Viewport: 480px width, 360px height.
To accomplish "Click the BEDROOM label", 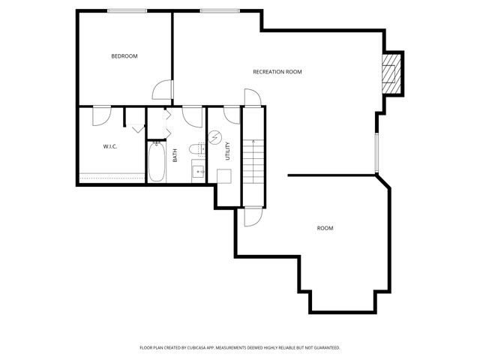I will point(124,56).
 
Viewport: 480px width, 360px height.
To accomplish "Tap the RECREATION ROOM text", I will point(277,72).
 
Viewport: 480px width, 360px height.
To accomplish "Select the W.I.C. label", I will point(111,146).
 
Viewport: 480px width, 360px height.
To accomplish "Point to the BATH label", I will point(175,155).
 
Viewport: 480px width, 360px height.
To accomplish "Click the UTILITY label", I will point(227,151).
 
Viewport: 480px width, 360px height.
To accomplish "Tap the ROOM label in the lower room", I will point(325,228).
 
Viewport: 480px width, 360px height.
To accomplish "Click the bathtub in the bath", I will point(157,163).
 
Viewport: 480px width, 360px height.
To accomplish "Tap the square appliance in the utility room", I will point(223,176).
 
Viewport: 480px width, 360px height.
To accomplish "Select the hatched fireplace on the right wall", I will point(390,73).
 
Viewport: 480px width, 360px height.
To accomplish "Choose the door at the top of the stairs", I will point(252,97).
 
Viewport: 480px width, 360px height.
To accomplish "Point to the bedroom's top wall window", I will point(127,10).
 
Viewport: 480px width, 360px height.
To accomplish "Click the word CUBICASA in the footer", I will point(209,348).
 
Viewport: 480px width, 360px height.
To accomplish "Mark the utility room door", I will point(231,115).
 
